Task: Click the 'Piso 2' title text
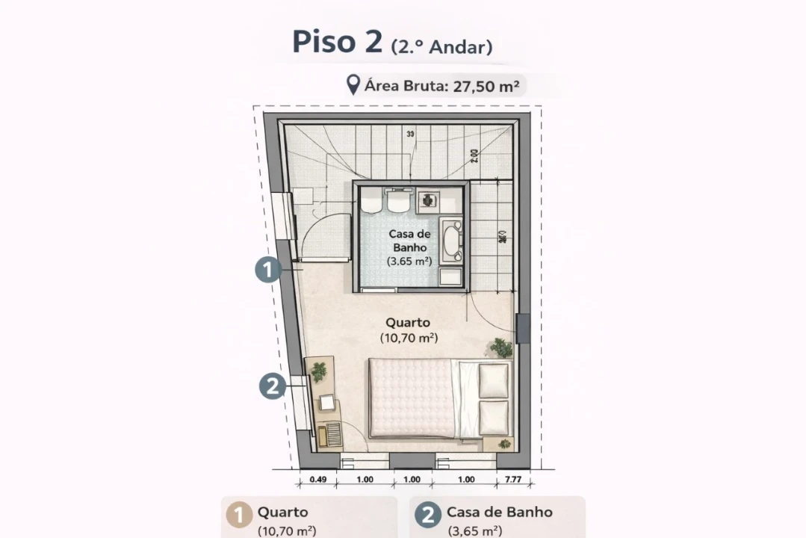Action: point(338,42)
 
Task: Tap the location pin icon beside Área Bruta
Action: point(353,85)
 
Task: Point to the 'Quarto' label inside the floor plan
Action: point(408,324)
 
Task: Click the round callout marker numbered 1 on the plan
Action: point(268,270)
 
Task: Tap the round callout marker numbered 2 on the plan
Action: point(273,386)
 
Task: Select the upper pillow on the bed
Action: point(493,381)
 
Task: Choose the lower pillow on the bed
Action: point(493,417)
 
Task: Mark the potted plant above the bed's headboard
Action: point(501,347)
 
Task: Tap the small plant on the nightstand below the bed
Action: point(504,444)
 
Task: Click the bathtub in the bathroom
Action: point(450,240)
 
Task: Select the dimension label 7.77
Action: point(512,480)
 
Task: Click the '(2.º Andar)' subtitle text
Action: point(441,47)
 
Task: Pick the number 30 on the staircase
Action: point(410,134)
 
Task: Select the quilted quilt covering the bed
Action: point(412,398)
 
